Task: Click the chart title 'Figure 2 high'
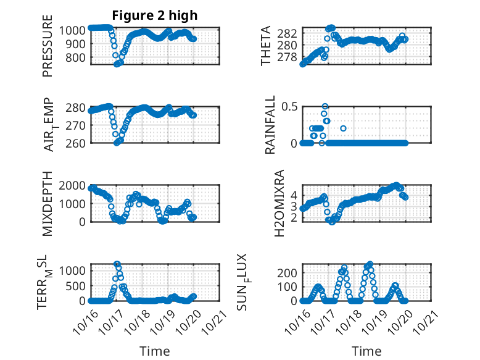point(154,15)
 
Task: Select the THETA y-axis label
point(266,46)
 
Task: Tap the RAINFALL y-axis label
point(270,125)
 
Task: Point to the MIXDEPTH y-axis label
point(48,204)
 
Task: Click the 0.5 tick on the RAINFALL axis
point(290,106)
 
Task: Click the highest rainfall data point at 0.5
point(325,106)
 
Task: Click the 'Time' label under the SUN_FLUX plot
point(366,351)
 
